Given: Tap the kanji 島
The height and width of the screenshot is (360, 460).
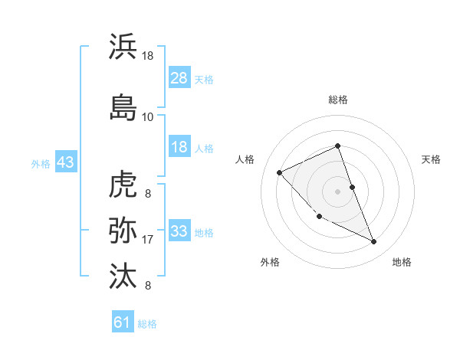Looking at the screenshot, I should click(123, 106).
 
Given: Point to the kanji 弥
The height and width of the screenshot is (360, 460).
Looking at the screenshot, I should click(123, 229).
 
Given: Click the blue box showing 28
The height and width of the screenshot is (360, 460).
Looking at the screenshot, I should click(179, 78).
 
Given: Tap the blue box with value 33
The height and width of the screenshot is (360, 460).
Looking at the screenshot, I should click(179, 232).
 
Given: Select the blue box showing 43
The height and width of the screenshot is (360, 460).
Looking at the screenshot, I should click(65, 163).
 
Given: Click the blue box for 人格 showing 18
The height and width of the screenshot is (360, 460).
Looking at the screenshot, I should click(179, 148).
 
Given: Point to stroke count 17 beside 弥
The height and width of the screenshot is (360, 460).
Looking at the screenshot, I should click(147, 241).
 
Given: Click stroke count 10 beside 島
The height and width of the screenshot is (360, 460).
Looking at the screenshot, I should click(147, 117).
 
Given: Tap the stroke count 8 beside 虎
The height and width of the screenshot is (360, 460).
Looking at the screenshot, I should click(147, 195).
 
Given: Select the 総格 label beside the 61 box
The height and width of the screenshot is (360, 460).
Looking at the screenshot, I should click(147, 324).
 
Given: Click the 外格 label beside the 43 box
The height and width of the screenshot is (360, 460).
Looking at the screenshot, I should click(41, 164).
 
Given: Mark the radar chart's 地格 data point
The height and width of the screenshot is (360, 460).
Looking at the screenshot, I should click(374, 242).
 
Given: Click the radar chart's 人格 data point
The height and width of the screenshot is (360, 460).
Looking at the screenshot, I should click(280, 172).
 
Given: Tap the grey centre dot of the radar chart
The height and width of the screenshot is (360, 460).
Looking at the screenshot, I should click(338, 191).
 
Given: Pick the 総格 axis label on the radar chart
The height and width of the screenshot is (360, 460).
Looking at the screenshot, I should click(338, 100).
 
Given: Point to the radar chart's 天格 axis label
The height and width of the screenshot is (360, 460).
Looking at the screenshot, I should click(431, 159).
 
